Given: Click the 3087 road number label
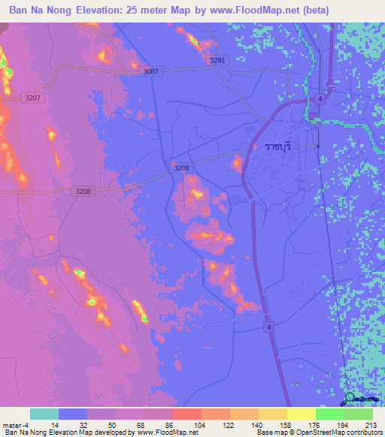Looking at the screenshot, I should click(x=151, y=71).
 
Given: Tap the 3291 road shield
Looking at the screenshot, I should click(x=218, y=60).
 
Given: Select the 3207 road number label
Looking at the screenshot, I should click(x=33, y=98).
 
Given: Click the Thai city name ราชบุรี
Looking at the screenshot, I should click(x=277, y=146).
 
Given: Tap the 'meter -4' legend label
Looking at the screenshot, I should click(x=14, y=424).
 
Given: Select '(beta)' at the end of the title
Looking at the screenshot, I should click(x=314, y=10).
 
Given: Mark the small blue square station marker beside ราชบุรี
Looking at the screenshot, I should click(x=318, y=146).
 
